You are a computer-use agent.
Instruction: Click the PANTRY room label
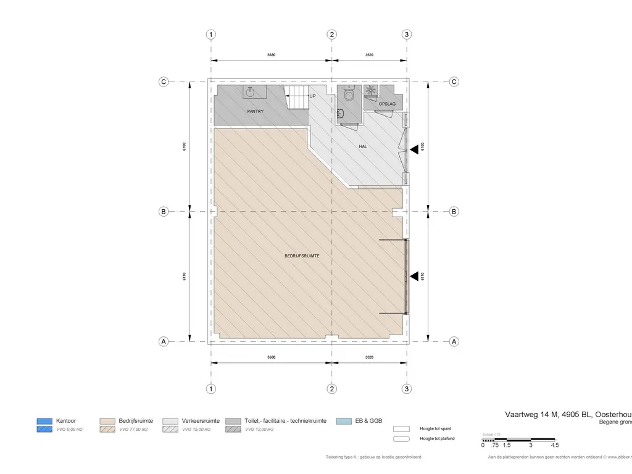click(255, 112)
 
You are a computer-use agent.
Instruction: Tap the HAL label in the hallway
click(364, 146)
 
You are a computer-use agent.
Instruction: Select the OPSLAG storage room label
click(387, 104)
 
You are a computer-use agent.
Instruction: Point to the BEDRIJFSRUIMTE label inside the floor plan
click(302, 256)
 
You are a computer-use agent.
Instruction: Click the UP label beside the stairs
click(312, 96)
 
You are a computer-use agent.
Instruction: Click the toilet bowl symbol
click(349, 94)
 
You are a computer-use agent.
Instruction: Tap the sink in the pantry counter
click(249, 92)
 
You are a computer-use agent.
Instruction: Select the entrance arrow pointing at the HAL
click(414, 147)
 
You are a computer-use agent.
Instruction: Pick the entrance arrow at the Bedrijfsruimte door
click(414, 277)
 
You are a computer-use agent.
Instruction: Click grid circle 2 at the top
click(332, 35)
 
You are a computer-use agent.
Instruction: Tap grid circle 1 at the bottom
click(211, 389)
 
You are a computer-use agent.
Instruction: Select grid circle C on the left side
click(164, 81)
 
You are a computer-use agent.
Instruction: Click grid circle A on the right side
click(454, 341)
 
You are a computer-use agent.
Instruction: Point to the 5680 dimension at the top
click(271, 55)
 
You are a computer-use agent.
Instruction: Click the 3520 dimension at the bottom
click(369, 357)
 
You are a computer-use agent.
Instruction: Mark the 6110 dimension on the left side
click(185, 276)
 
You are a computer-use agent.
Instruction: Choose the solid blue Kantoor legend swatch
click(44, 421)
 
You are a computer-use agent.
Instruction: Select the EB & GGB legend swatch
click(344, 421)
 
